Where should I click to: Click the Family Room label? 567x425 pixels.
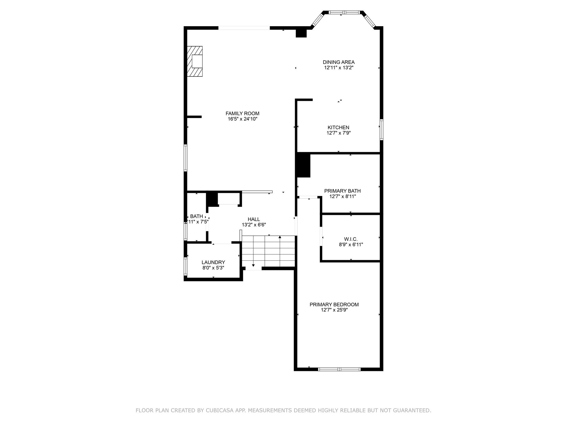(242, 113)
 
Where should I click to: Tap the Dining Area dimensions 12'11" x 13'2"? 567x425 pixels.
(339, 68)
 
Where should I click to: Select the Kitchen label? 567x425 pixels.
(338, 128)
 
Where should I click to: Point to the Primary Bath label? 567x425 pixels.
(342, 191)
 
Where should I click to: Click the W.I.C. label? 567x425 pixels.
(351, 239)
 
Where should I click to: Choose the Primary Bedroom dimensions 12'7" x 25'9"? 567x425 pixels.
(334, 310)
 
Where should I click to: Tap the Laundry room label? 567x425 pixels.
(213, 262)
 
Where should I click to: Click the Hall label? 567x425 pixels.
(254, 219)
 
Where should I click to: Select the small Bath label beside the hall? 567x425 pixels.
(196, 216)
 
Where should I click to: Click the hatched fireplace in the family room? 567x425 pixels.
(195, 61)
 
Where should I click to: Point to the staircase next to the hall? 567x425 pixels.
(268, 251)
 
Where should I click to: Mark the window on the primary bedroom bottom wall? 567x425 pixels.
(339, 369)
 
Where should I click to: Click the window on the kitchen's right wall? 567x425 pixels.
(381, 129)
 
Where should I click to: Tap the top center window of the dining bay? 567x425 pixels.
(344, 12)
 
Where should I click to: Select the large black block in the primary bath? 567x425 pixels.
(303, 165)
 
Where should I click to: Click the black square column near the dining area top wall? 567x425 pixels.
(301, 33)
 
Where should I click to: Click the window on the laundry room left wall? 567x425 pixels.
(185, 266)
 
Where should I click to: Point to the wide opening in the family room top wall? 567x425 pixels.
(244, 28)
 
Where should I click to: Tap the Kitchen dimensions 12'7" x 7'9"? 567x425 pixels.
(338, 133)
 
